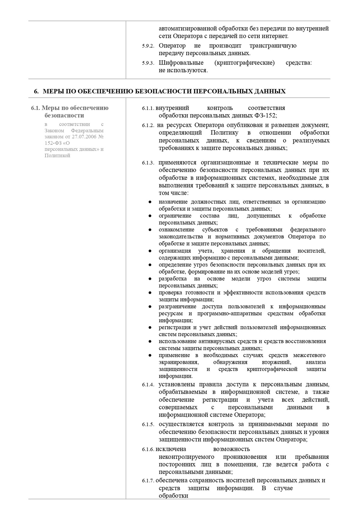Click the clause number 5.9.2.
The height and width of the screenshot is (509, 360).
tap(148, 46)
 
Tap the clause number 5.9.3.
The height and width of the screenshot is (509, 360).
tap(148, 63)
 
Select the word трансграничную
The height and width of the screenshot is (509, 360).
tap(273, 46)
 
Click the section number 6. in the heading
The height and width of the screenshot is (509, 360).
tap(36, 92)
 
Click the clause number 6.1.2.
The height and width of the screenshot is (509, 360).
tap(148, 125)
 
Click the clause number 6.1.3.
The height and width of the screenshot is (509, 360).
tap(148, 163)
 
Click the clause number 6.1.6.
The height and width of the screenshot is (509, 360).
tap(148, 450)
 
